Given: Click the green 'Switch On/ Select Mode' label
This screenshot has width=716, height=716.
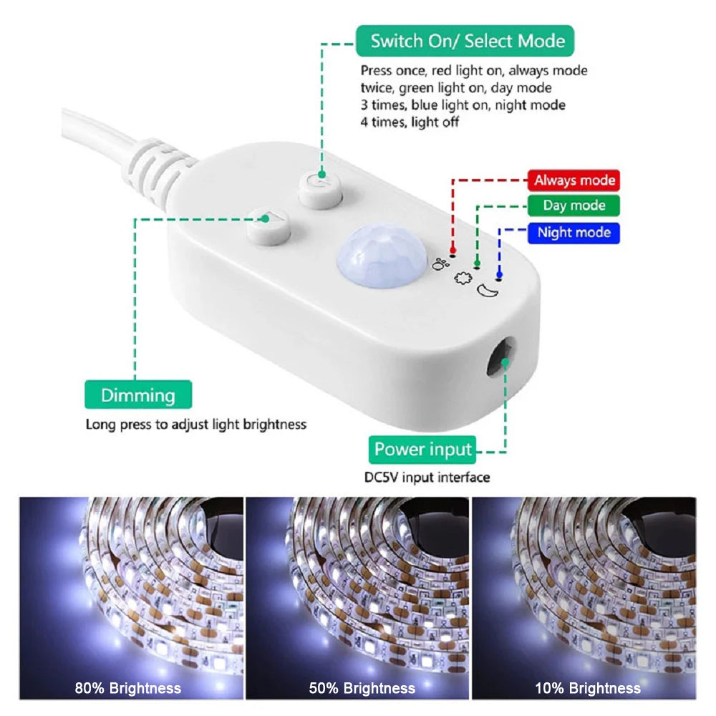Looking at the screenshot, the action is click(x=465, y=41).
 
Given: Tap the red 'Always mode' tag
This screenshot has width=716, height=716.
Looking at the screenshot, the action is click(x=574, y=180).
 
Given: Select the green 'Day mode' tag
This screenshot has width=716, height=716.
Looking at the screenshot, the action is click(x=574, y=205).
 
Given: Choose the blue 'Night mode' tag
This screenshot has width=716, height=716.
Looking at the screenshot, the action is click(x=574, y=233).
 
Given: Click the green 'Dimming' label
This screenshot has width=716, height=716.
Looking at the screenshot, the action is click(x=138, y=395).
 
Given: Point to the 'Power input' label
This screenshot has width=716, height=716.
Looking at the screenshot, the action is click(x=422, y=450).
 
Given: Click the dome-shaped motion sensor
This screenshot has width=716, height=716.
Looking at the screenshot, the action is click(x=382, y=256).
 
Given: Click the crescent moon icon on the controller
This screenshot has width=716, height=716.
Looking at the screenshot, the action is click(x=487, y=291).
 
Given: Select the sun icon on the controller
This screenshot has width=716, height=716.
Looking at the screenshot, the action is click(x=463, y=278).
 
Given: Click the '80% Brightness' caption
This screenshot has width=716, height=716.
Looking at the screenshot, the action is click(x=128, y=688).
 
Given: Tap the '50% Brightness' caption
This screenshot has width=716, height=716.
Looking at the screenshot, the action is click(x=362, y=688).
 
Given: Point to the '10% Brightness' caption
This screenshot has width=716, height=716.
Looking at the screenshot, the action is click(x=588, y=688).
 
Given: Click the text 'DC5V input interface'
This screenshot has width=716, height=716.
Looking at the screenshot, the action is click(x=427, y=477).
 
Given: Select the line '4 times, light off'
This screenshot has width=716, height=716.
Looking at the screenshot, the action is click(x=410, y=122).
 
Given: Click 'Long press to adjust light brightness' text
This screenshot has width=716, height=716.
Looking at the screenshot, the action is click(x=196, y=425).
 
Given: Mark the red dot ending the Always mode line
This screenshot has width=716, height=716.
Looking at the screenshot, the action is click(x=453, y=250).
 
